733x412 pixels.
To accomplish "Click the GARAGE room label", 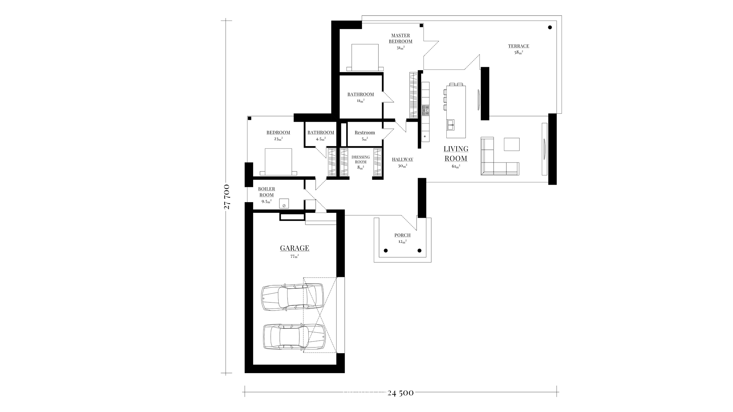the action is pos(294,248).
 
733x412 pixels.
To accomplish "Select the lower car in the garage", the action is pos(294,336).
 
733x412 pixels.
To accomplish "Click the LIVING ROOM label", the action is pos(456,153).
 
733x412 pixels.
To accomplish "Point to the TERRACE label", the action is pos(518,46).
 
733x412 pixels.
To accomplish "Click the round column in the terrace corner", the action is pos(550,27).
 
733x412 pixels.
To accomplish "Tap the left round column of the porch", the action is pos(386,251).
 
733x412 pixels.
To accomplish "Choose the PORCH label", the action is pos(402,235).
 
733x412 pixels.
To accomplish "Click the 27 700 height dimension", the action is pos(227,197).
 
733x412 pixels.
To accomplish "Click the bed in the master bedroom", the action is pos(365,57).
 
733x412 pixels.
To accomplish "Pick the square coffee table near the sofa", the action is pos(512,144).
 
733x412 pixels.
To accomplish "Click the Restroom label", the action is pos(365,133).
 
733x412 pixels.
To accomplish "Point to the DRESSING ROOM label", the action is pos(361,159).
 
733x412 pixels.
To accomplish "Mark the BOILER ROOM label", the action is pos(266,192).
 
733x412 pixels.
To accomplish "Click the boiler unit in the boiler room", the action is pos(284,203).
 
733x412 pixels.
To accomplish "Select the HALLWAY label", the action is pos(402,159).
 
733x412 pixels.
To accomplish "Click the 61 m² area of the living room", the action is pos(456,166).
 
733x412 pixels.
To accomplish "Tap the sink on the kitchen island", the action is pos(451,124).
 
